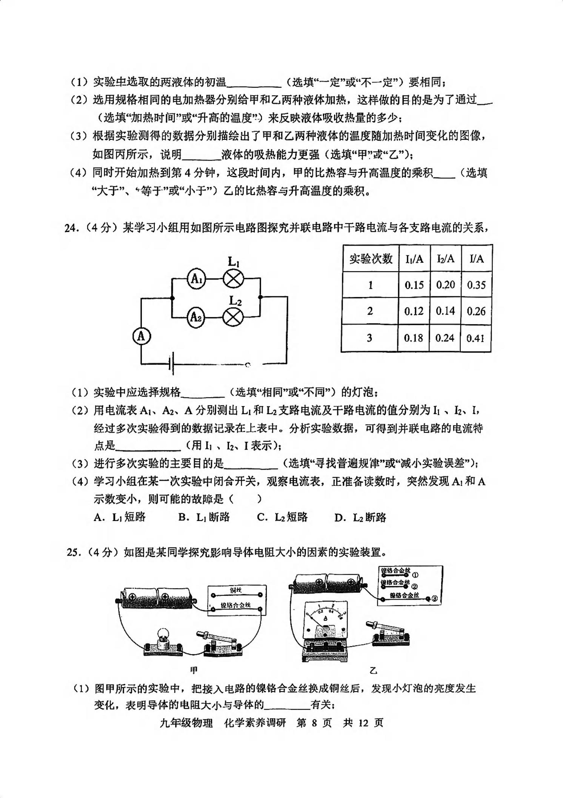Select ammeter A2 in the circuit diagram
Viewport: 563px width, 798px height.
196,317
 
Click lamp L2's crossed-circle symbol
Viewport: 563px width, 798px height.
233,317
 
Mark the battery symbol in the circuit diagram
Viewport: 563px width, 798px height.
172,364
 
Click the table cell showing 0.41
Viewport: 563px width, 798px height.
476,338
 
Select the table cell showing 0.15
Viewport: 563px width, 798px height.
414,285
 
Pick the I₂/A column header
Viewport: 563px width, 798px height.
446,258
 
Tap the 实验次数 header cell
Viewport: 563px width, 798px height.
371,258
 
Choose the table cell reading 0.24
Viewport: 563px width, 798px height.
445,338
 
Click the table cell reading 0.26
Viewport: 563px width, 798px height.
476,311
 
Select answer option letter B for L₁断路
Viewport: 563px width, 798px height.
183,517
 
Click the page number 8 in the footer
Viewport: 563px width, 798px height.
314,723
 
